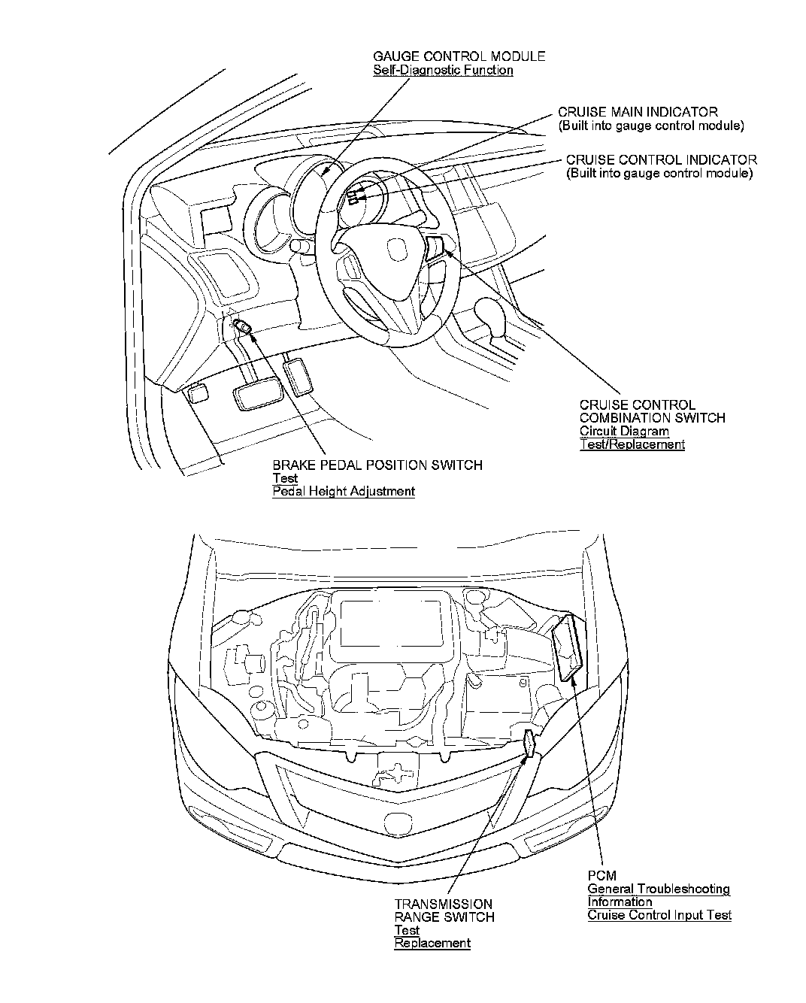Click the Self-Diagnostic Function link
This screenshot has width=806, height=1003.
443,71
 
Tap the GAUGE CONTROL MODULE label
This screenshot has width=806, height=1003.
459,56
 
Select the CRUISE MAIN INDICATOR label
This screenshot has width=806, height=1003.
638,112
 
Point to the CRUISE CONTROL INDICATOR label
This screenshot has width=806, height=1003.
661,159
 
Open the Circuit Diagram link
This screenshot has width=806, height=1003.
623,432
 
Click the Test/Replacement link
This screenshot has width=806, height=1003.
632,444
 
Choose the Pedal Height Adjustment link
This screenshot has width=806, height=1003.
343,492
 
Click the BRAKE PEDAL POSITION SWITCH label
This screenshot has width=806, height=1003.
377,465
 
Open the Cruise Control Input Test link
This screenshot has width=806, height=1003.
659,915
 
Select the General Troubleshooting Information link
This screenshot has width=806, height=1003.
658,895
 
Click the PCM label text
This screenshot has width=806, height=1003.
601,876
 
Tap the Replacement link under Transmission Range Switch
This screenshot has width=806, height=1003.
432,943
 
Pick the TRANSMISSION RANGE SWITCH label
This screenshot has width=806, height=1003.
444,911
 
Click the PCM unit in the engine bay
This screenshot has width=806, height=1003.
568,647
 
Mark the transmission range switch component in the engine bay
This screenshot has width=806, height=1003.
530,744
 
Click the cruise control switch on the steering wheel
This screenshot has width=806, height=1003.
435,245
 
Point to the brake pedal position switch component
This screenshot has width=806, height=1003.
243,326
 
